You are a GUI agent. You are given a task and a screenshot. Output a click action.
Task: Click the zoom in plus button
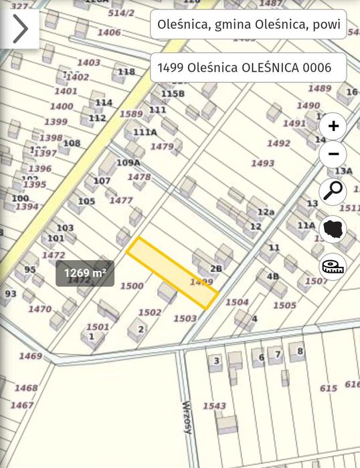click(x=333, y=126)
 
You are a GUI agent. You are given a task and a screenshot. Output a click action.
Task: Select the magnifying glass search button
click(x=333, y=192)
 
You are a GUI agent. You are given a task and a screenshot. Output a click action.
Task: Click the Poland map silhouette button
click(x=333, y=229)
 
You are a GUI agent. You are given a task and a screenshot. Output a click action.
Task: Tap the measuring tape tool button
click(x=333, y=266)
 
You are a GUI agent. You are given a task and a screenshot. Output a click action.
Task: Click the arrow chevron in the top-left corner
click(x=19, y=29)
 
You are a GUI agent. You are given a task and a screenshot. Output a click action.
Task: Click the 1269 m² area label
click(x=85, y=273)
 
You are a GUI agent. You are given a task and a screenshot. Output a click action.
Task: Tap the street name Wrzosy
click(x=187, y=417)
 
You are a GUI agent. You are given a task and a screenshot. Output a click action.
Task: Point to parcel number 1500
click(x=132, y=285)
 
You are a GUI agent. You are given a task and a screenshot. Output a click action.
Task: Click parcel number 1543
click(x=214, y=406)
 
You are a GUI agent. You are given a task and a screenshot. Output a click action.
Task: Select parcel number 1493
click(x=262, y=163)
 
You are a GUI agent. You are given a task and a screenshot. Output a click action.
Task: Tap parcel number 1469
click(x=30, y=356)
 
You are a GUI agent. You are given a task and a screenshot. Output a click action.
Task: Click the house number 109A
click(x=128, y=162)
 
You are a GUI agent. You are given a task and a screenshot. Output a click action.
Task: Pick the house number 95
click(x=30, y=269)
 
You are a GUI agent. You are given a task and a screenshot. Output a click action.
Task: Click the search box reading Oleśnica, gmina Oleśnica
click(x=248, y=26)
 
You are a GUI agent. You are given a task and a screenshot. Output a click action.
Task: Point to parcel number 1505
click(x=284, y=306)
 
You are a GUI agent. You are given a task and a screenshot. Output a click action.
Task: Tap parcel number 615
click(x=328, y=388)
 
